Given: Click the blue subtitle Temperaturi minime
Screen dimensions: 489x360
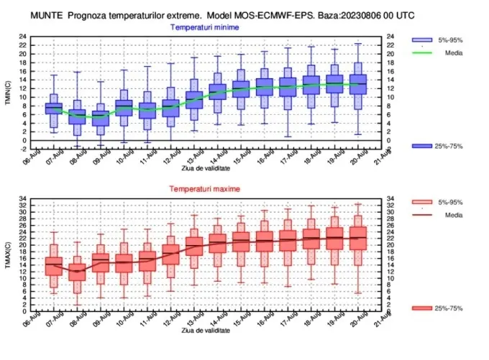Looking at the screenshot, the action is coord(204,27).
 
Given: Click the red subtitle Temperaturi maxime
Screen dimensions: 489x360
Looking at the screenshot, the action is coord(204,189).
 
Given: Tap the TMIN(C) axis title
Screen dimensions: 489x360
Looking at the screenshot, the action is coord(8,93).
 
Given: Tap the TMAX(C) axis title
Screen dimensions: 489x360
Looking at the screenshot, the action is coord(8,255).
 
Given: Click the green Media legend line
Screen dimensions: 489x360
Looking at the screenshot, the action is coord(422,52).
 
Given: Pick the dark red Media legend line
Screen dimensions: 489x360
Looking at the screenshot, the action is coord(422,215).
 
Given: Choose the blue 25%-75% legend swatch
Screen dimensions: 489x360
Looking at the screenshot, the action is coord(422,146).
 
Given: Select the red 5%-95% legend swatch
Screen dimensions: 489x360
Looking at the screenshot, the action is coord(422,202).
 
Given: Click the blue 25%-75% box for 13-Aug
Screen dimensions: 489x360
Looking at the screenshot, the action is coord(194,100).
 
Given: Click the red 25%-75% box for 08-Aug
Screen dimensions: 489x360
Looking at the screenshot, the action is coord(77,272).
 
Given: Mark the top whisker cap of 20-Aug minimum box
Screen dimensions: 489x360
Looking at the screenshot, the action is coord(358,44).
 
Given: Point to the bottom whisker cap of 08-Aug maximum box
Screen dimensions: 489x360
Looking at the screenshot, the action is coord(77,305).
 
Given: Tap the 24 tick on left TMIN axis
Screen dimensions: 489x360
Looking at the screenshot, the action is coord(23,37).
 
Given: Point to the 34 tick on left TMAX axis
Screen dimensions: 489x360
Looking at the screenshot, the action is coord(23,198).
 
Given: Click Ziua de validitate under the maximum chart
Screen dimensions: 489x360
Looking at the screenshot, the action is coord(206,331).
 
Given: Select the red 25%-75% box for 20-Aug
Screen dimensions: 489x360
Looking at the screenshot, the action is coord(358,238).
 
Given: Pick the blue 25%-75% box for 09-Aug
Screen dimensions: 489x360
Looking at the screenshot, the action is coord(101,119).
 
